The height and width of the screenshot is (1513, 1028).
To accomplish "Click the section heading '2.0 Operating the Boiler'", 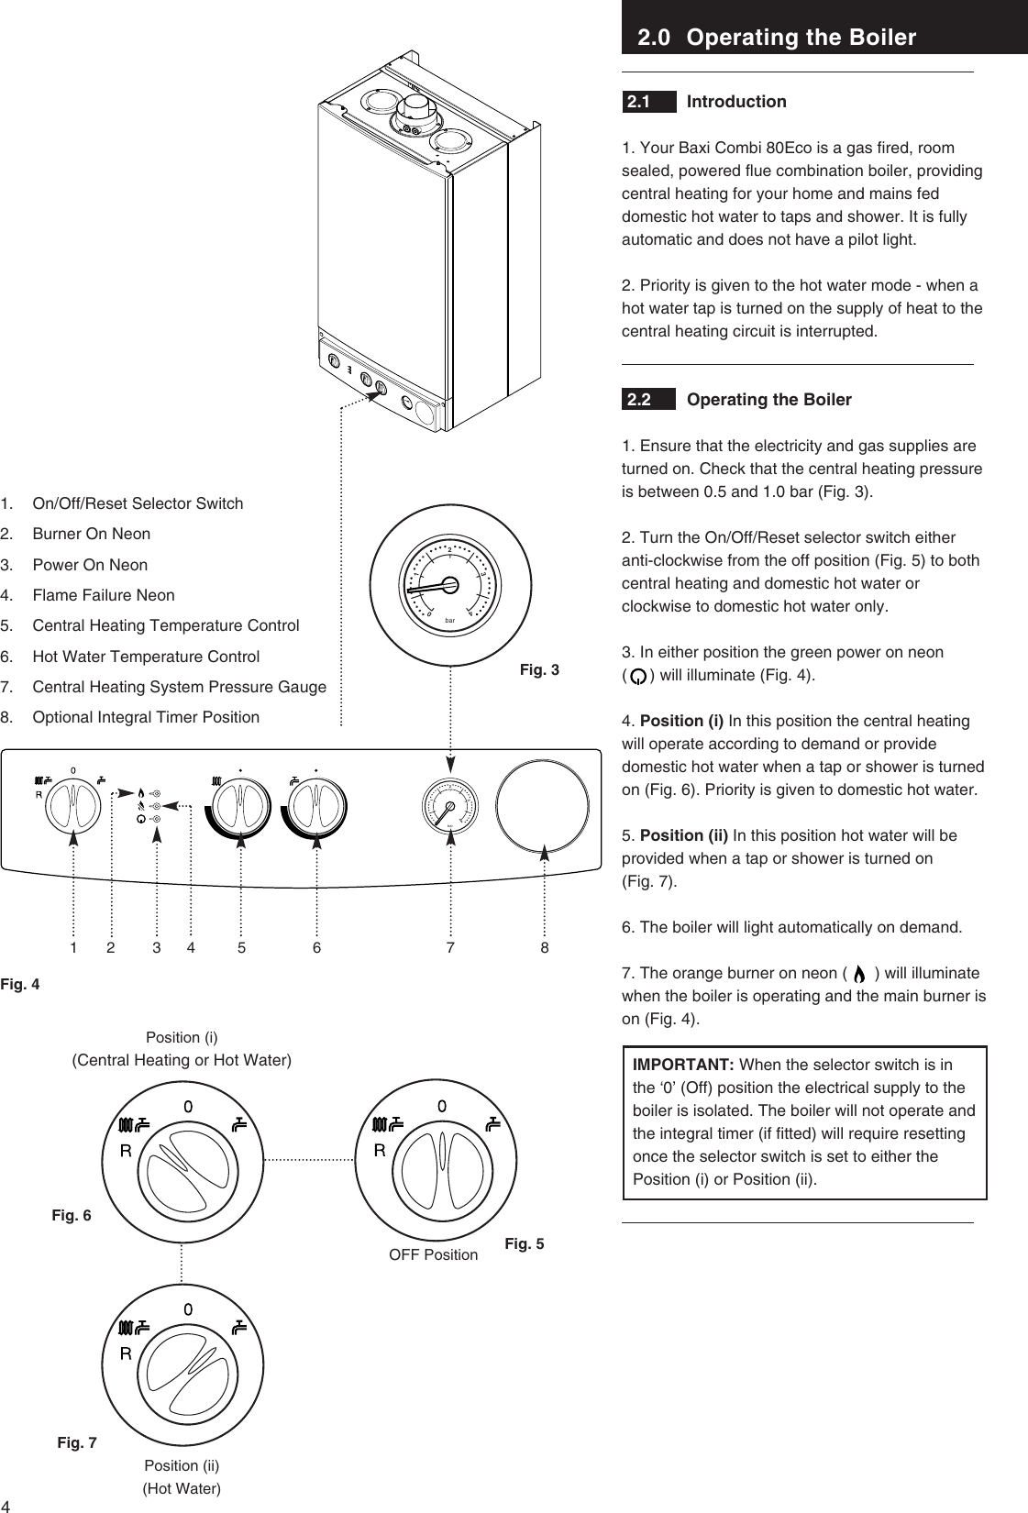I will click(777, 38).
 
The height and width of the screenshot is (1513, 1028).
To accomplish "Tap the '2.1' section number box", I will click(639, 102).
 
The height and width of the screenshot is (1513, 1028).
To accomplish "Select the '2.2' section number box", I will click(639, 400).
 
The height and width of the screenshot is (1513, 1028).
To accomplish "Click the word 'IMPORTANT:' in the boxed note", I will click(683, 1065).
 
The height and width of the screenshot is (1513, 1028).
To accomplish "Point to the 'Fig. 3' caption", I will click(539, 670).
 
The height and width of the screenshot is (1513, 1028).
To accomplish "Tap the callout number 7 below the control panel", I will click(450, 948).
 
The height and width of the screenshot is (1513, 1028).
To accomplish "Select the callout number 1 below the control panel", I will click(73, 948).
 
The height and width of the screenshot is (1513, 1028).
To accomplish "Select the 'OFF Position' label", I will click(433, 1254).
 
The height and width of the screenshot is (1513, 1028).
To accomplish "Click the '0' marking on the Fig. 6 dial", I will click(187, 1106).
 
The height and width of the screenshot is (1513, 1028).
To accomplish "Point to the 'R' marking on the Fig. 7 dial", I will click(126, 1353).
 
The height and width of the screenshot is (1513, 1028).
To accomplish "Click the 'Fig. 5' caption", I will click(524, 1244).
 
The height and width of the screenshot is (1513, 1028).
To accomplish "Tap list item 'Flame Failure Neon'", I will click(104, 595).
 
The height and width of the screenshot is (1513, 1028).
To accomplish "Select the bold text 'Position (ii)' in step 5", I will click(683, 835).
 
